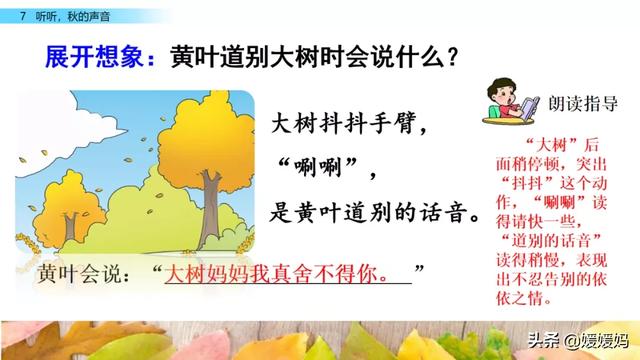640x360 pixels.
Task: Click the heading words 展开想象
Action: [x=94, y=57]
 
